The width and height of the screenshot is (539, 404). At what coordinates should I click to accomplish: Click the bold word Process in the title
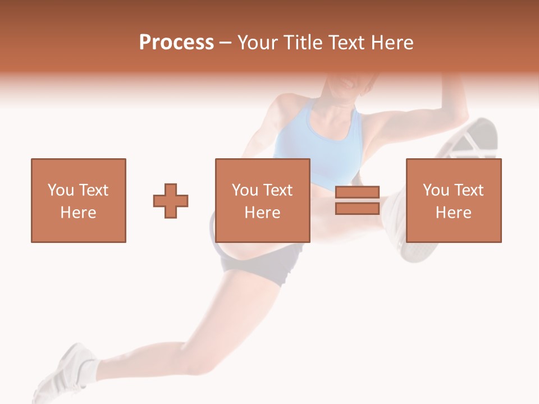click(x=176, y=43)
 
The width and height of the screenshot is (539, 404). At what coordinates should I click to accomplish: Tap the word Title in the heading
click(x=303, y=43)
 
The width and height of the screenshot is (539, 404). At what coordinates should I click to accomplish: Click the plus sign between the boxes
click(x=171, y=200)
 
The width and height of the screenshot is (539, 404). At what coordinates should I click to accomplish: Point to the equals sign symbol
click(x=357, y=200)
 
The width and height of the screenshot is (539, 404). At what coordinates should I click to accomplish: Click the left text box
click(x=79, y=200)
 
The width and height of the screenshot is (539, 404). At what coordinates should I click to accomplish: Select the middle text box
click(x=262, y=200)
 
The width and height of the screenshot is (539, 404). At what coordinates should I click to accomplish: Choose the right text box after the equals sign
click(x=453, y=200)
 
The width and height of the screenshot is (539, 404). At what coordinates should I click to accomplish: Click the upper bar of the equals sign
click(x=357, y=192)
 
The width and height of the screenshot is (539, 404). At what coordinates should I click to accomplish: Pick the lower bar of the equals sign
click(x=357, y=209)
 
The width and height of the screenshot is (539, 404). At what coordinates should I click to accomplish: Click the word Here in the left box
click(x=79, y=212)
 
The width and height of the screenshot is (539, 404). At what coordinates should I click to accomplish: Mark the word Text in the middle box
click(x=278, y=190)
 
